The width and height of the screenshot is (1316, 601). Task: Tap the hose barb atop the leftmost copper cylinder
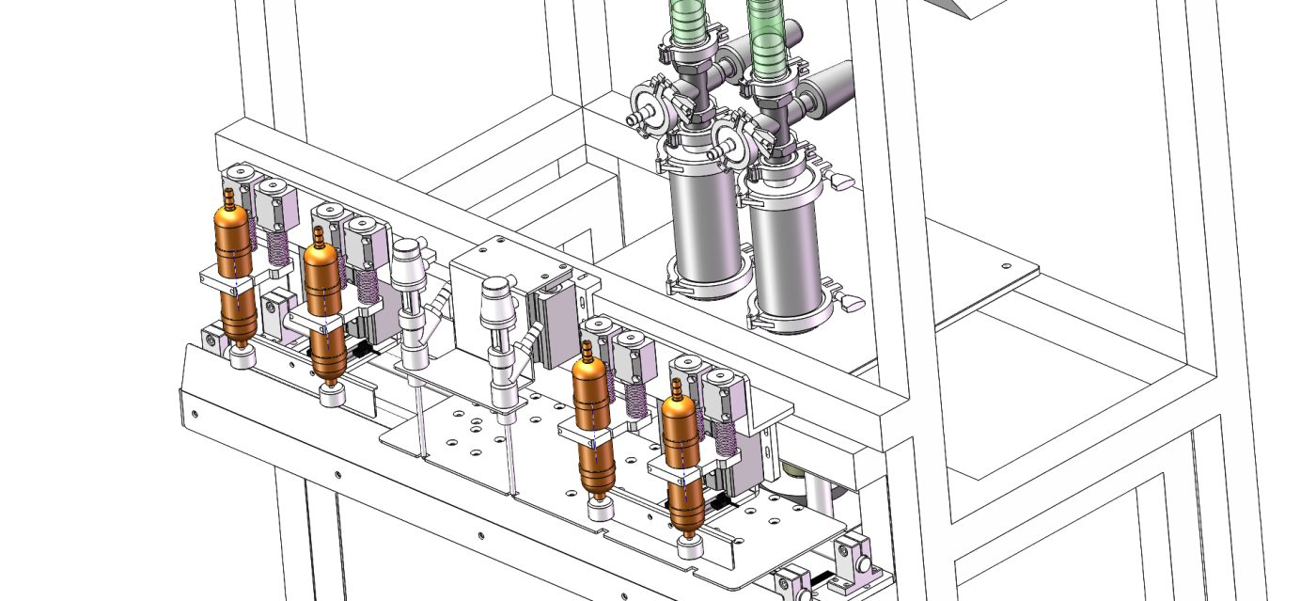tap(229, 198)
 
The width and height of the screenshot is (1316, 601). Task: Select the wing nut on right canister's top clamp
tap(839, 179)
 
